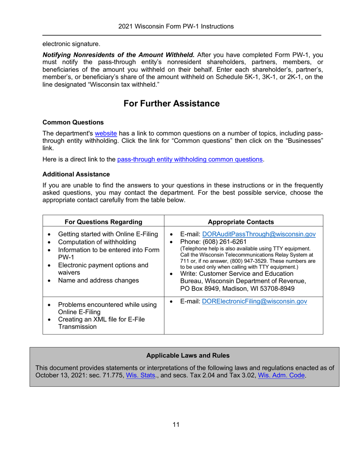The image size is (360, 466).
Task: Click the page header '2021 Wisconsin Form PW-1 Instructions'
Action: click(x=175, y=27)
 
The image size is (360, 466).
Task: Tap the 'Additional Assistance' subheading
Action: click(x=76, y=174)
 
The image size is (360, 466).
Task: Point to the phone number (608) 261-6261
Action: click(x=223, y=242)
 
